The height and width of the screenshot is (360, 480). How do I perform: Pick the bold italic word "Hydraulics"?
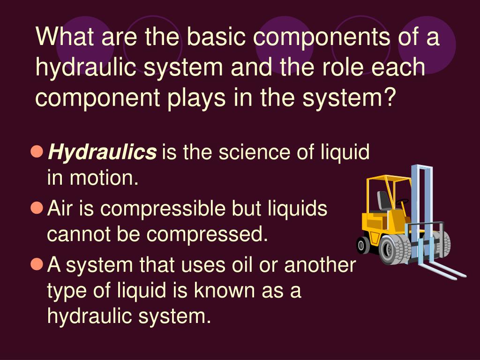click(x=103, y=152)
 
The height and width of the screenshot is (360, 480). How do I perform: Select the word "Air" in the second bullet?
click(x=61, y=208)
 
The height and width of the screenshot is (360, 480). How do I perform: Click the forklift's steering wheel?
click(x=402, y=202)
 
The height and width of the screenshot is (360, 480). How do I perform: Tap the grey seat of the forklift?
click(x=384, y=202)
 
